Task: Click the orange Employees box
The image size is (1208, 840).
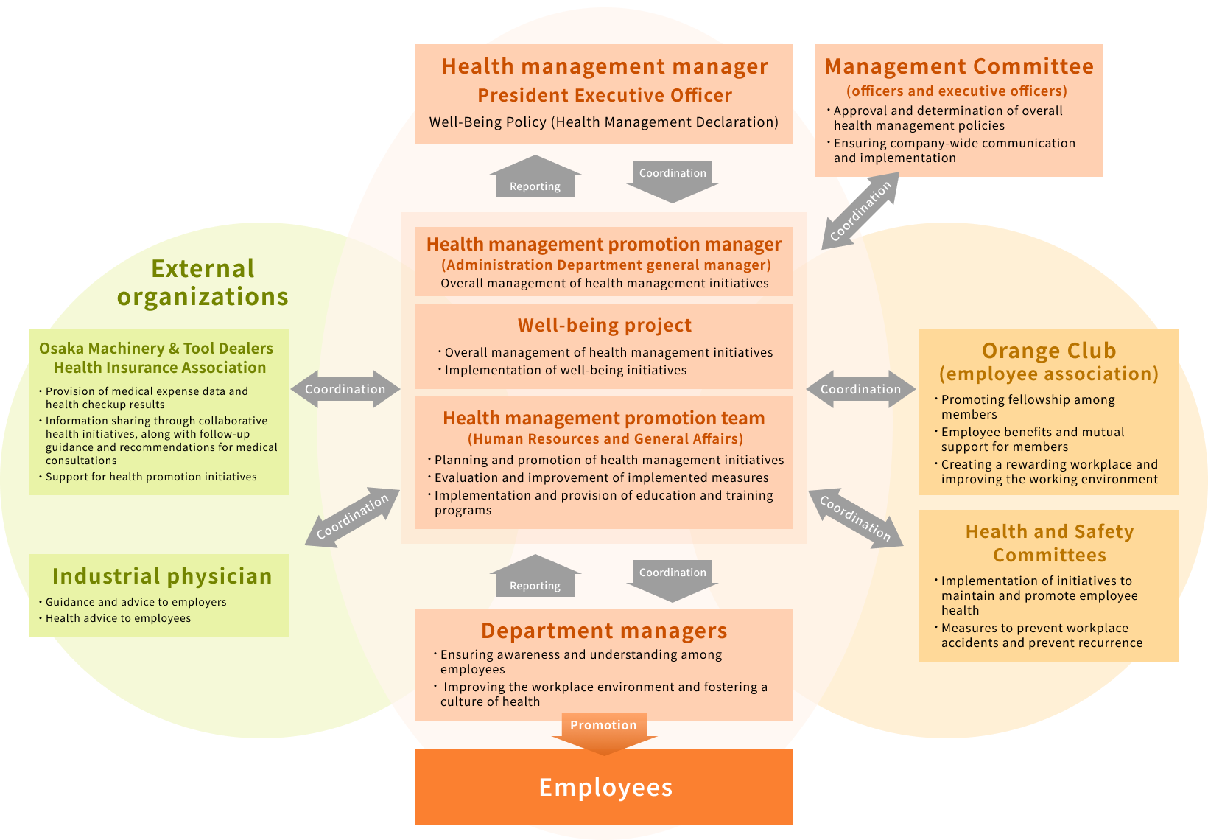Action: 604,787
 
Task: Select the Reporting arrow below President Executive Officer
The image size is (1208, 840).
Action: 535,179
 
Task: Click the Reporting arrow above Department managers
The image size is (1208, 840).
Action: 535,578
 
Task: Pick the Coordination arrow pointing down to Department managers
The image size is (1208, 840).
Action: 673,577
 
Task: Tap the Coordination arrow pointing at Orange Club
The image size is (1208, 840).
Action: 861,389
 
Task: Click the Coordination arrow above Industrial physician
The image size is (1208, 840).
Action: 352,517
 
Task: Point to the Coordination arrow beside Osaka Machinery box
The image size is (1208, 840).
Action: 345,389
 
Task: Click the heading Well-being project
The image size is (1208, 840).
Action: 605,326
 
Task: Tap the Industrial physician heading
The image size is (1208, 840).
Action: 162,576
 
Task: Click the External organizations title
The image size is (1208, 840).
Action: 203,282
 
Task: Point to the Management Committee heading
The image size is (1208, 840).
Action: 959,66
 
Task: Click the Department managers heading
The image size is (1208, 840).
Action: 604,631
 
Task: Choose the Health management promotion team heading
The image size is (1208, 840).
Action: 604,419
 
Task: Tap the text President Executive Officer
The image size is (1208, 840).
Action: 605,96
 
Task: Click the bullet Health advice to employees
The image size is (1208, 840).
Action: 118,618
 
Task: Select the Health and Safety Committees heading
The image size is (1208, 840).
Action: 1049,543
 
